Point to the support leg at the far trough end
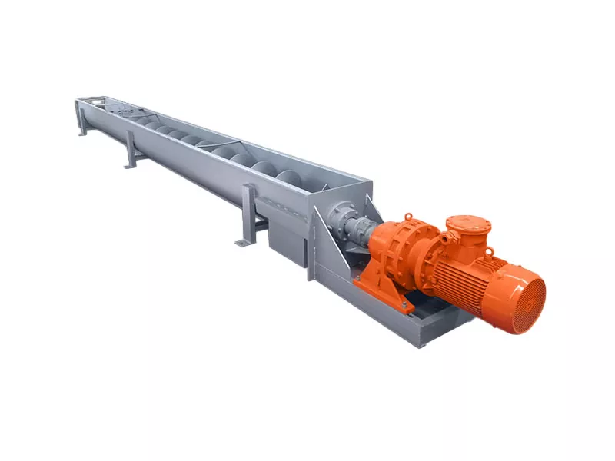(81, 123)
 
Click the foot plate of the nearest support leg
(242, 243)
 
